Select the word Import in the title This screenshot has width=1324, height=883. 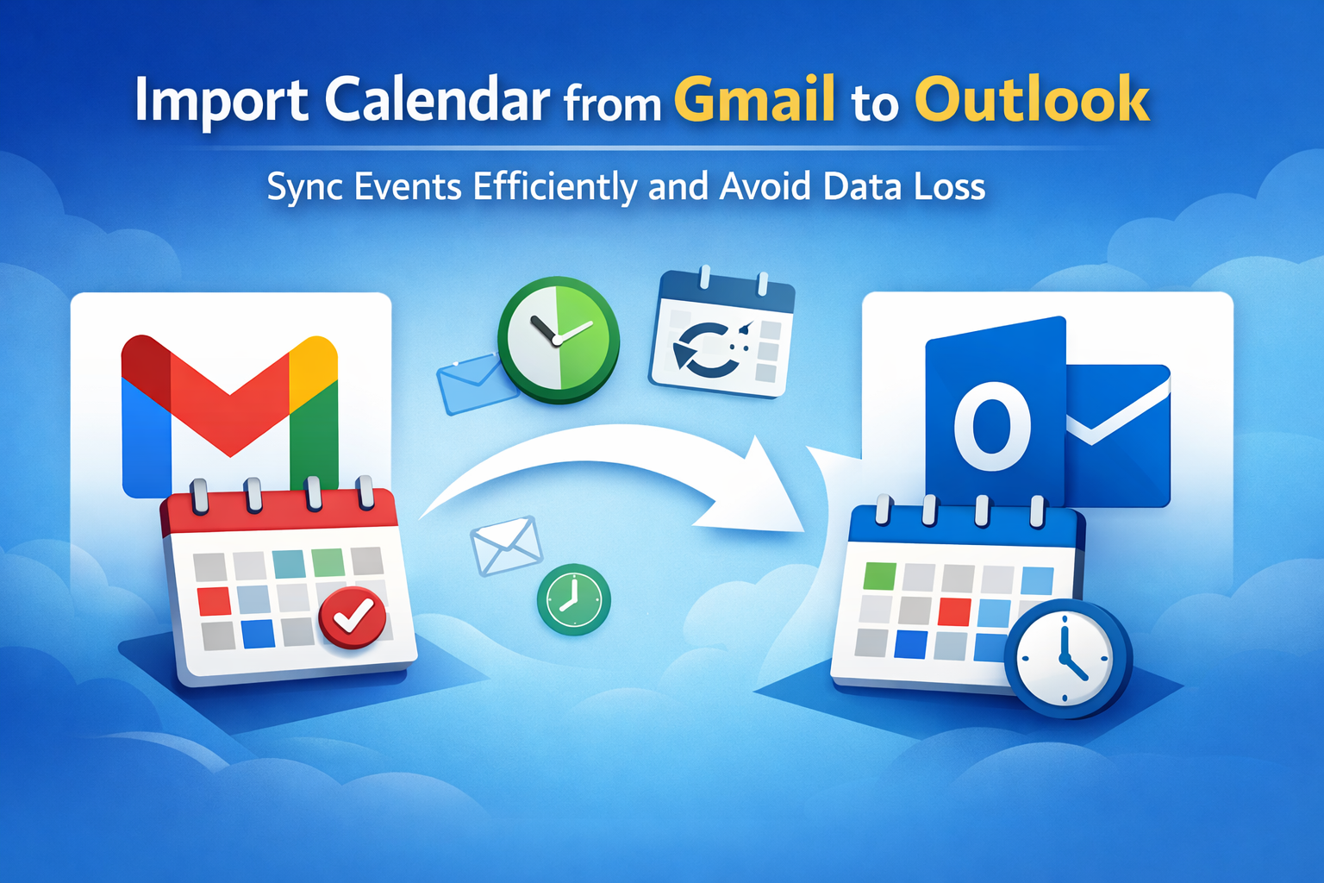point(221,101)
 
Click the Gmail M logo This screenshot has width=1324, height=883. point(229,414)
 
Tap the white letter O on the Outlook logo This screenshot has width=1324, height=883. point(992,426)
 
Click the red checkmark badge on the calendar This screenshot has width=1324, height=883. point(353,618)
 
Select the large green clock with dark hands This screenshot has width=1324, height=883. point(559,340)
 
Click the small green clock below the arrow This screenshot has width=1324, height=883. point(573,599)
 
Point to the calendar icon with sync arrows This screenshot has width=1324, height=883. point(721,335)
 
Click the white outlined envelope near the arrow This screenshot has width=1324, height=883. point(507,545)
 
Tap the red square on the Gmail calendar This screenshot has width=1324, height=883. point(214,601)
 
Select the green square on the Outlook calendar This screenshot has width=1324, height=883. point(879,576)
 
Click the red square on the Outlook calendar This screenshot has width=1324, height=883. point(954,611)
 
